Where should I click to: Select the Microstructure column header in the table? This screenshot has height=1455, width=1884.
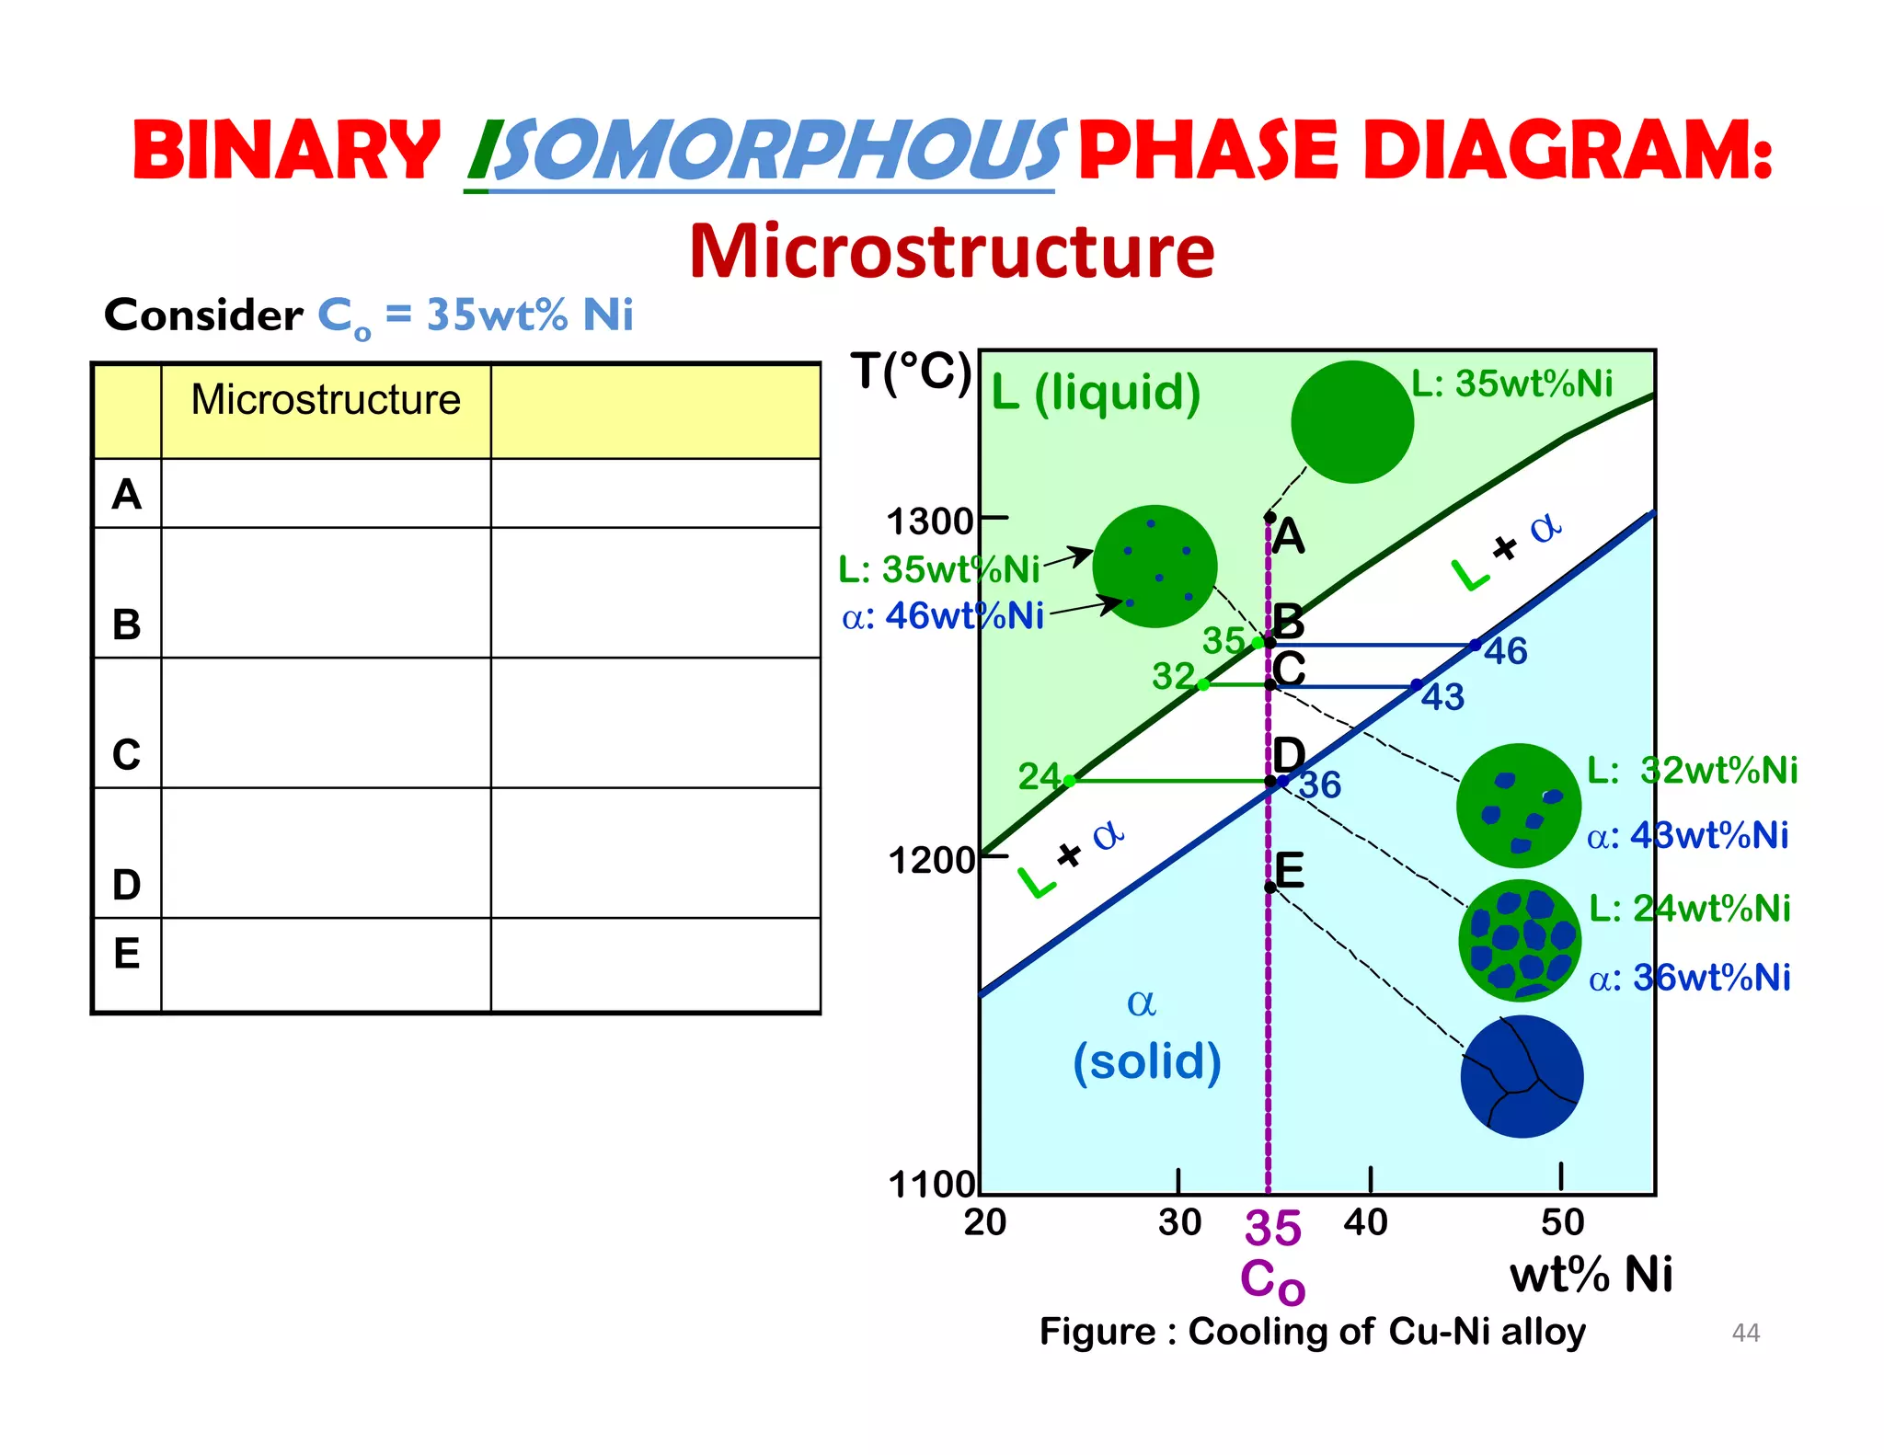click(326, 400)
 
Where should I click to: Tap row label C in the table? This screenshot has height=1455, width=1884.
click(127, 755)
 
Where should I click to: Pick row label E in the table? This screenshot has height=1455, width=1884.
click(127, 953)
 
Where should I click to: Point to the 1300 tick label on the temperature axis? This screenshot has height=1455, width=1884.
click(928, 521)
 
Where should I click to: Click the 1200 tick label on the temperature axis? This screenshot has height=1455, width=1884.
click(930, 861)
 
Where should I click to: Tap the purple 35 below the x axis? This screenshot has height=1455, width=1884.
click(1272, 1228)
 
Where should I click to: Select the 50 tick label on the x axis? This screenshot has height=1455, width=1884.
click(1562, 1222)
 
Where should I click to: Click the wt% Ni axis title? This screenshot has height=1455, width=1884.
click(1591, 1275)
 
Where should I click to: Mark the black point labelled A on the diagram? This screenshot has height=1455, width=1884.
click(1269, 518)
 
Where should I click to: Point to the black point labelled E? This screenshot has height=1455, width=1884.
click(1269, 887)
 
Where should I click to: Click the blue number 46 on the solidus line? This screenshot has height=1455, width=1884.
click(1505, 651)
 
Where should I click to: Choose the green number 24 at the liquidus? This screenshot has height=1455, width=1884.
click(1039, 777)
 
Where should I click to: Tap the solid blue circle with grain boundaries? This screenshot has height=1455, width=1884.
click(1522, 1076)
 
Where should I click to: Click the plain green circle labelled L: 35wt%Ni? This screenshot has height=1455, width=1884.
click(1351, 422)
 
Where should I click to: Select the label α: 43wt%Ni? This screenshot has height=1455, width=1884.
click(1687, 836)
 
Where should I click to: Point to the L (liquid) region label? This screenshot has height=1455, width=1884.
click(1096, 393)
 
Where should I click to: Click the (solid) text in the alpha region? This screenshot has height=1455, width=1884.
click(1146, 1061)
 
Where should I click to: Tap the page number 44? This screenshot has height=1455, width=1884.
click(1745, 1333)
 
